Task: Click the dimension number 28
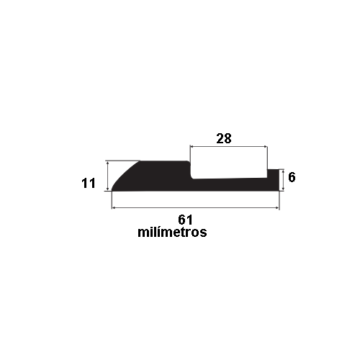[223, 139]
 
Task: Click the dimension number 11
[89, 184]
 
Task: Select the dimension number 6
[292, 176]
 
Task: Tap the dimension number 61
[185, 219]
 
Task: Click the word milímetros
[172, 233]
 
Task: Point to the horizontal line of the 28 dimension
[229, 148]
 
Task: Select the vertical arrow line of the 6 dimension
[283, 180]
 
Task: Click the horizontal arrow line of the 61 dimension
[194, 208]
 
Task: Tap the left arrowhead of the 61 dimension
[114, 208]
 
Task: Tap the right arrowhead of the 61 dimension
[276, 208]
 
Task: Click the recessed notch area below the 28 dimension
[230, 171]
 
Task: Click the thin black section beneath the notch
[230, 184]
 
